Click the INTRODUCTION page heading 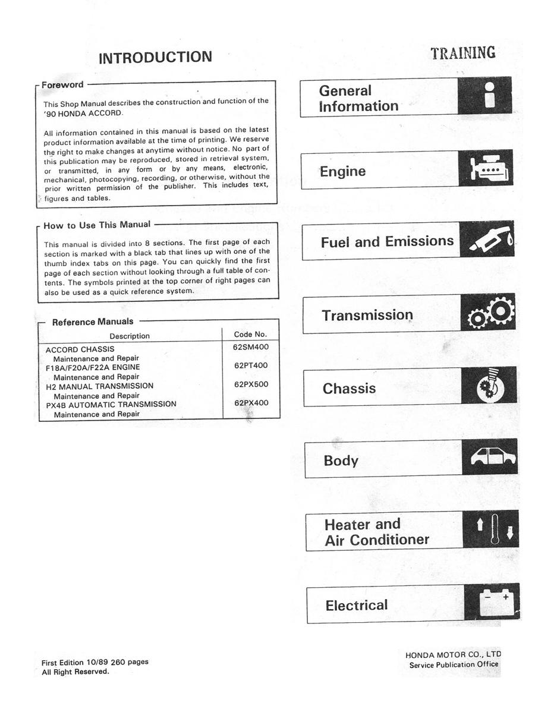coord(155,58)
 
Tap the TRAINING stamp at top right coord(463,53)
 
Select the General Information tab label coord(358,99)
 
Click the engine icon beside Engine coord(486,169)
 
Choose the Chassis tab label coord(349,389)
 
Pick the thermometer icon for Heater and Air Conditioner coord(493,530)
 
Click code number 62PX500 coord(251,384)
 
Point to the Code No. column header coord(250,335)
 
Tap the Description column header coord(130,336)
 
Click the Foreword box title coord(62,85)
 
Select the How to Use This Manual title coord(97,225)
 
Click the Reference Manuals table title coord(93,322)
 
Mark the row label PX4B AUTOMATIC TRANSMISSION coord(111,404)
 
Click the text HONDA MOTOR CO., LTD coord(454,655)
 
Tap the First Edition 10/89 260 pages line coord(95,662)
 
